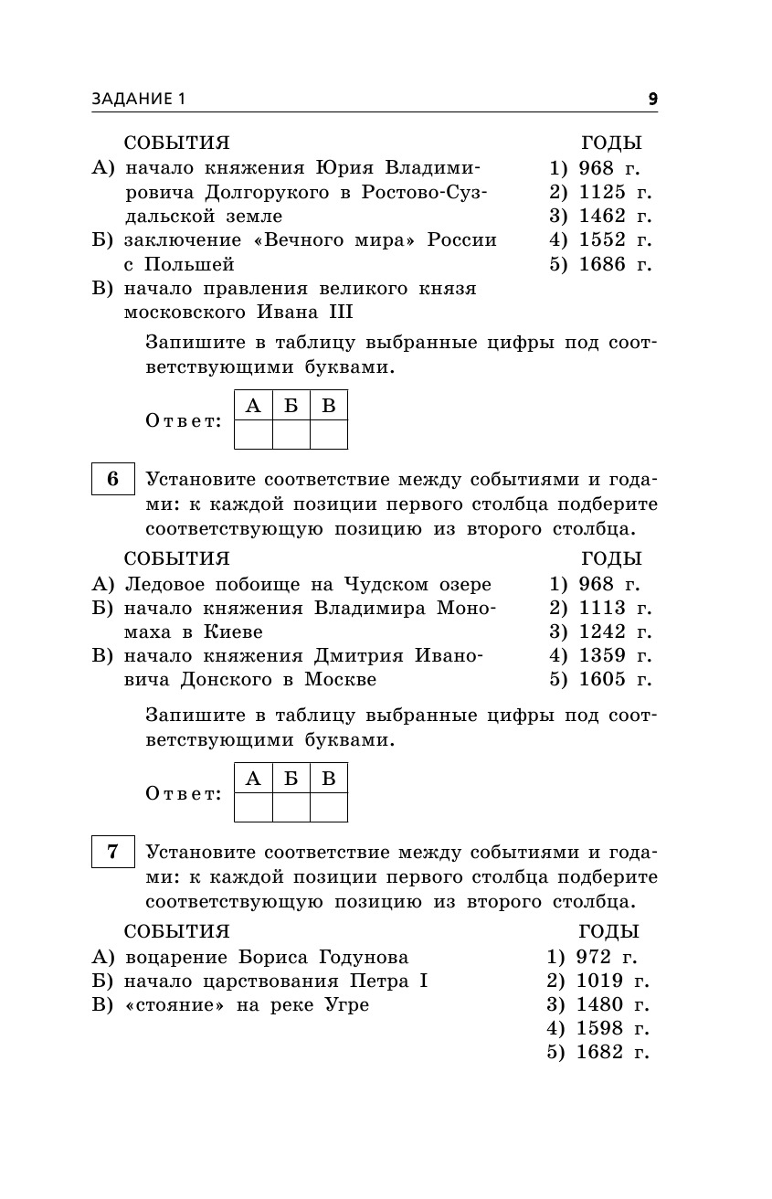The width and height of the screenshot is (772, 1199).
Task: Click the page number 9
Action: click(652, 99)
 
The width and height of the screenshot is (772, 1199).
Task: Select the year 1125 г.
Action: click(614, 192)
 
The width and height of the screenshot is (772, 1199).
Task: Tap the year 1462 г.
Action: click(614, 216)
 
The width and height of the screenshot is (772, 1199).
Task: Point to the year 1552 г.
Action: click(614, 239)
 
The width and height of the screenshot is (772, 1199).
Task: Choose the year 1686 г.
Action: click(614, 264)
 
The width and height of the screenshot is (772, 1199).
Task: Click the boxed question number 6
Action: click(113, 480)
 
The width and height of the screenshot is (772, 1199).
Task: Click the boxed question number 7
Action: click(113, 853)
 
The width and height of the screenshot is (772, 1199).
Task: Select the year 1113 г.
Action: click(614, 608)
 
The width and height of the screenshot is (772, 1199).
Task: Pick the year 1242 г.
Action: click(614, 631)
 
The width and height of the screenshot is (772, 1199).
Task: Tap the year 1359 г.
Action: click(614, 655)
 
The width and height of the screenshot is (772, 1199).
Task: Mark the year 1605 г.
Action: click(614, 679)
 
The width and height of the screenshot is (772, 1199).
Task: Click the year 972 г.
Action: click(607, 957)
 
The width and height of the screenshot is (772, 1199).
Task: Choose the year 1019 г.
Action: click(612, 981)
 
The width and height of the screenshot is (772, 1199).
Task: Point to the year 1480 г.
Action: click(612, 1004)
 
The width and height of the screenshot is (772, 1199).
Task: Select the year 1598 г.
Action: click(612, 1028)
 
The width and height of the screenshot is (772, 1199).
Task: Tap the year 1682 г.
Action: click(612, 1052)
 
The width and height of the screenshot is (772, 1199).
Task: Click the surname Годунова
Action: click(364, 957)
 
